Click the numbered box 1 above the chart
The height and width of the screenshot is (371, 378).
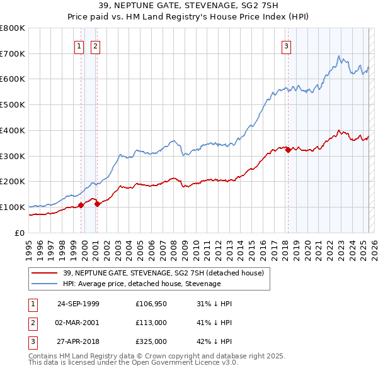point(79,45)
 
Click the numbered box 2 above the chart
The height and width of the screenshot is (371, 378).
point(95,45)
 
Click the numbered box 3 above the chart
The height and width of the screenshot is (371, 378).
point(286,45)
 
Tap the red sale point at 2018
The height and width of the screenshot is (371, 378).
point(288,150)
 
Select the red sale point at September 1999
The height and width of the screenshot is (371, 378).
point(81,205)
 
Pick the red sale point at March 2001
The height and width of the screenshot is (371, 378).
point(97,204)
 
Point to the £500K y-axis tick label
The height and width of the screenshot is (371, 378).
point(13,105)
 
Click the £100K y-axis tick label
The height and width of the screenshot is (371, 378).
point(13,207)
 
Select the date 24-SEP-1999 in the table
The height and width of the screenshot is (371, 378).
point(78,304)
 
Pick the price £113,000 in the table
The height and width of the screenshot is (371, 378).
point(151,323)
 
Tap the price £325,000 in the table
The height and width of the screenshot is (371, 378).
point(151,341)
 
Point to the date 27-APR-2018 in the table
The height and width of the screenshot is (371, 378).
point(78,341)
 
